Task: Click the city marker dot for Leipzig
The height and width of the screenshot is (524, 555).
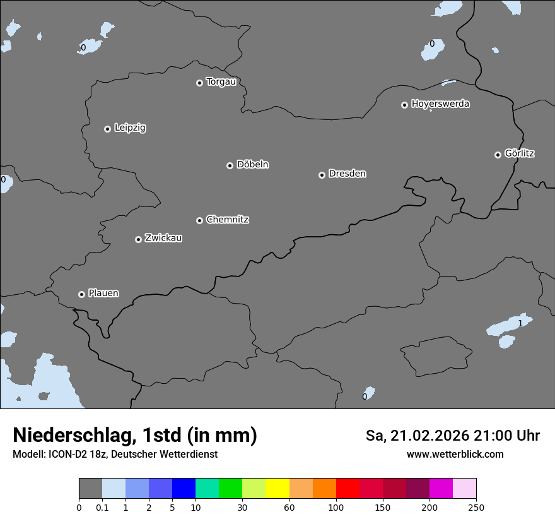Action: (108, 129)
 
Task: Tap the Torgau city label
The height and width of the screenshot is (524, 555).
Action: (221, 82)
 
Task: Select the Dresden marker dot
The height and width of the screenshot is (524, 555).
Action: (322, 175)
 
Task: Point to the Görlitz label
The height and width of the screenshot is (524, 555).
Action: (520, 153)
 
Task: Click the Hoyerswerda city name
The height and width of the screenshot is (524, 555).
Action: (440, 104)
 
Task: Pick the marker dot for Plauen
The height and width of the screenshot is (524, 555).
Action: (81, 294)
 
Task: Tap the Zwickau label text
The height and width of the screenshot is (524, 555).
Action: (163, 238)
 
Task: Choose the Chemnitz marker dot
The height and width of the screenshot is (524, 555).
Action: (200, 220)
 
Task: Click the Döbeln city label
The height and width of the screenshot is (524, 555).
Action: (252, 165)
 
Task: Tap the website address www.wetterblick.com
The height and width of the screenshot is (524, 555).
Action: (455, 455)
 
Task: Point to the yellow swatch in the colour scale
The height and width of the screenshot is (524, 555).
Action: (277, 489)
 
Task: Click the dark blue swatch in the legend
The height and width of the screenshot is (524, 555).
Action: (184, 489)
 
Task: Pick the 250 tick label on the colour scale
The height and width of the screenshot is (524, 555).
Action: (476, 507)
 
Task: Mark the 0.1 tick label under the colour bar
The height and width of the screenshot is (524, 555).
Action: (102, 507)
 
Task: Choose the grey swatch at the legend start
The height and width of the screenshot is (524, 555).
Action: (90, 489)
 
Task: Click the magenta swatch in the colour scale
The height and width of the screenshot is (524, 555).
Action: (441, 489)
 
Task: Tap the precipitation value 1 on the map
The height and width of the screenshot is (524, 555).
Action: (520, 323)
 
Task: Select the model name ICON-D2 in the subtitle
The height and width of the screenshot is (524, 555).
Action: (66, 455)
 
